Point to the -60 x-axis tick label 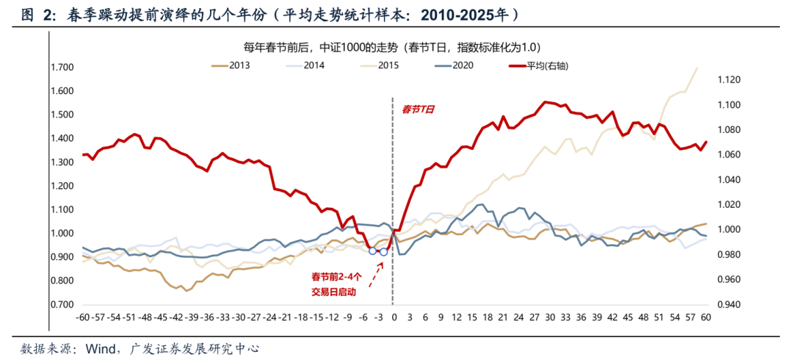82,317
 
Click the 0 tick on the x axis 394,317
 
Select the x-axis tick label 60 706,317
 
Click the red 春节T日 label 418,109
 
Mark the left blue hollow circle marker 372,251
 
